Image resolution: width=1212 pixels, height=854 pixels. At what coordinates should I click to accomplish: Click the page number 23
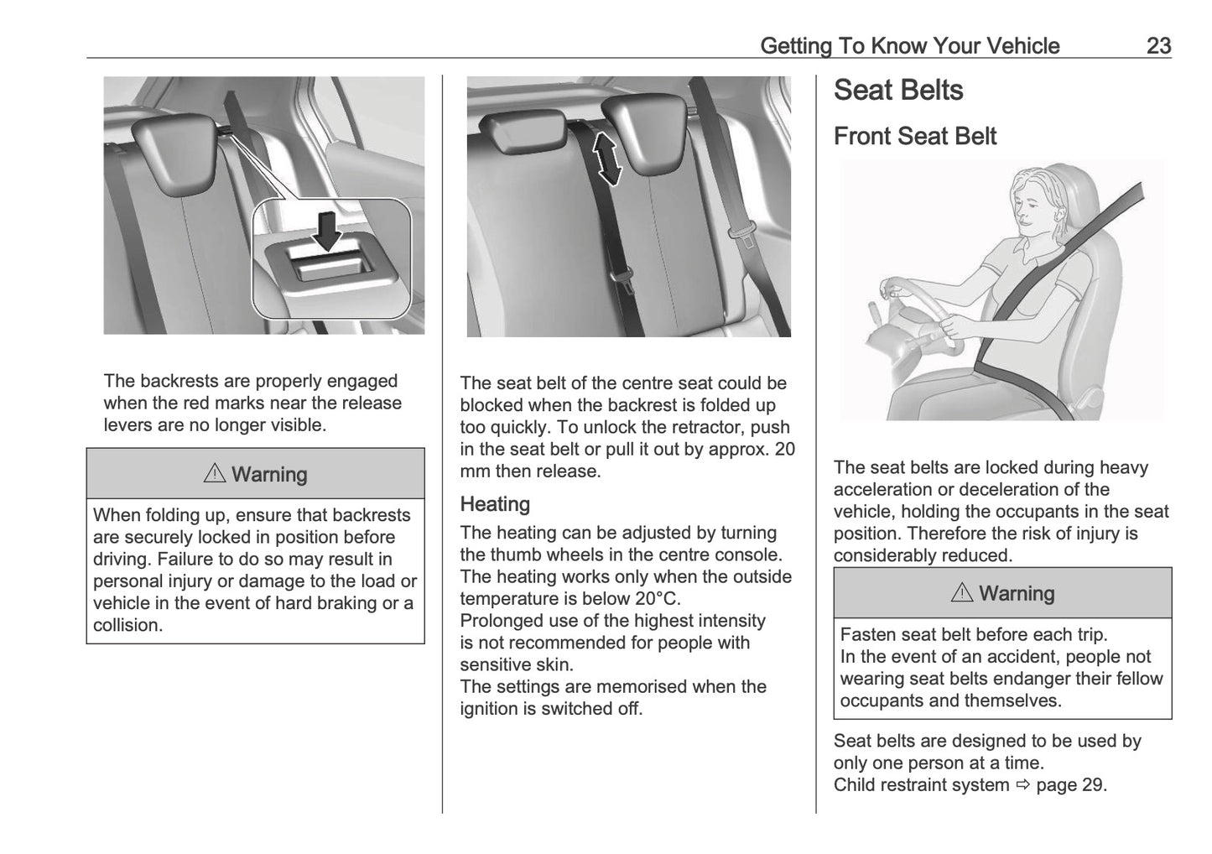coord(1158,45)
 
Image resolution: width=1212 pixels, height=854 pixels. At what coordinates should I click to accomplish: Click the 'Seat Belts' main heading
coord(898,91)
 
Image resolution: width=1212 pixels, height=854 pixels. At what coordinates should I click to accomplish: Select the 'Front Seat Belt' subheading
coord(914,136)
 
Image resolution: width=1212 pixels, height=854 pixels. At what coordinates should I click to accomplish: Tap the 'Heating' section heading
coord(495,504)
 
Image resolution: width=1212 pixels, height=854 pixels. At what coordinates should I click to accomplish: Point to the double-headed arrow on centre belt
coord(607,157)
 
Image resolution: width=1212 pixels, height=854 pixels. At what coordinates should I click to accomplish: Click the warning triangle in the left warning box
coord(215,474)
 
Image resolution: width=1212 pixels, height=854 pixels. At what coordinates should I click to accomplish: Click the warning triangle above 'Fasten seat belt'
coord(962,593)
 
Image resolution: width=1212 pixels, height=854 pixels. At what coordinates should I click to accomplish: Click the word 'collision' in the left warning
coord(126,625)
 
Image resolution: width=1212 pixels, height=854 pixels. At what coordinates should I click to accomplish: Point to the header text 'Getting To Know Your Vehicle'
coord(909,45)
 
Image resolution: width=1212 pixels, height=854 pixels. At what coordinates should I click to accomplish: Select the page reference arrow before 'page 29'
coord(1022,785)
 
